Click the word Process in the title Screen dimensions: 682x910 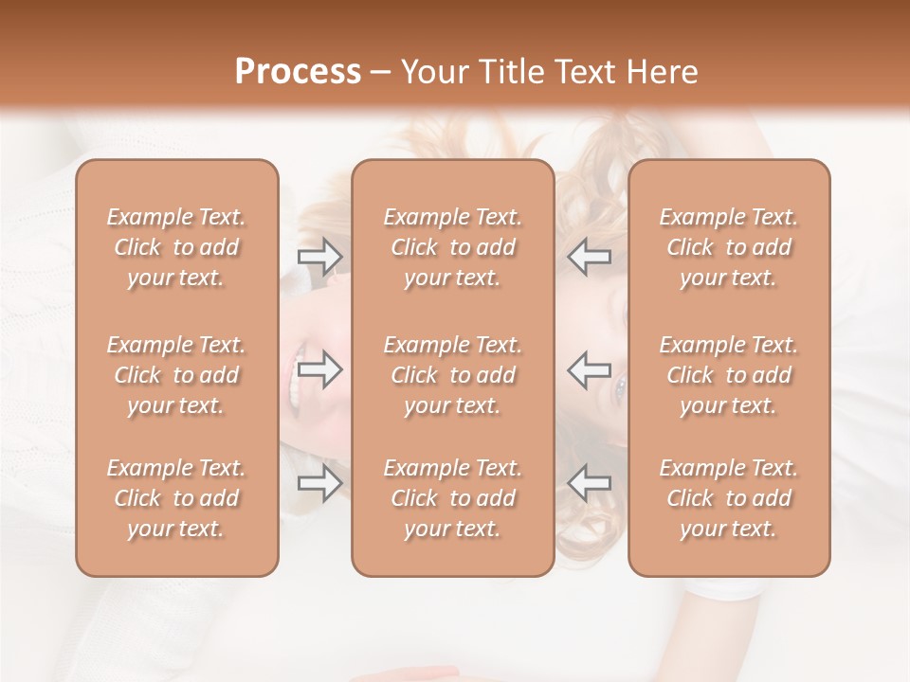coord(298,72)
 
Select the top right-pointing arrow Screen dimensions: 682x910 coord(320,257)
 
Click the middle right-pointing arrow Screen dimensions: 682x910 coord(320,369)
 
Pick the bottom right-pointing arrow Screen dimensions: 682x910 coord(320,483)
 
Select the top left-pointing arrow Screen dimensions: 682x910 coord(590,257)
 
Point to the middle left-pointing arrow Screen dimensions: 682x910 coord(590,369)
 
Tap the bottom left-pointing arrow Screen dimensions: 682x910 coord(590,483)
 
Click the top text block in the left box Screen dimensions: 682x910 coord(176,247)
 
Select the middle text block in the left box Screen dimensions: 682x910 coord(176,375)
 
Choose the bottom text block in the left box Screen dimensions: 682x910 coord(176,498)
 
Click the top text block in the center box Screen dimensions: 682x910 coord(453,247)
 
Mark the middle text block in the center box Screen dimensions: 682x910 coord(453,375)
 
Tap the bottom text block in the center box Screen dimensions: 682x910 coord(453,498)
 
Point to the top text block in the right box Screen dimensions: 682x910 coord(729,247)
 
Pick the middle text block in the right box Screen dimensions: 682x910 coord(729,375)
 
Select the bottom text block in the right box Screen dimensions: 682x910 coord(729,498)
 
